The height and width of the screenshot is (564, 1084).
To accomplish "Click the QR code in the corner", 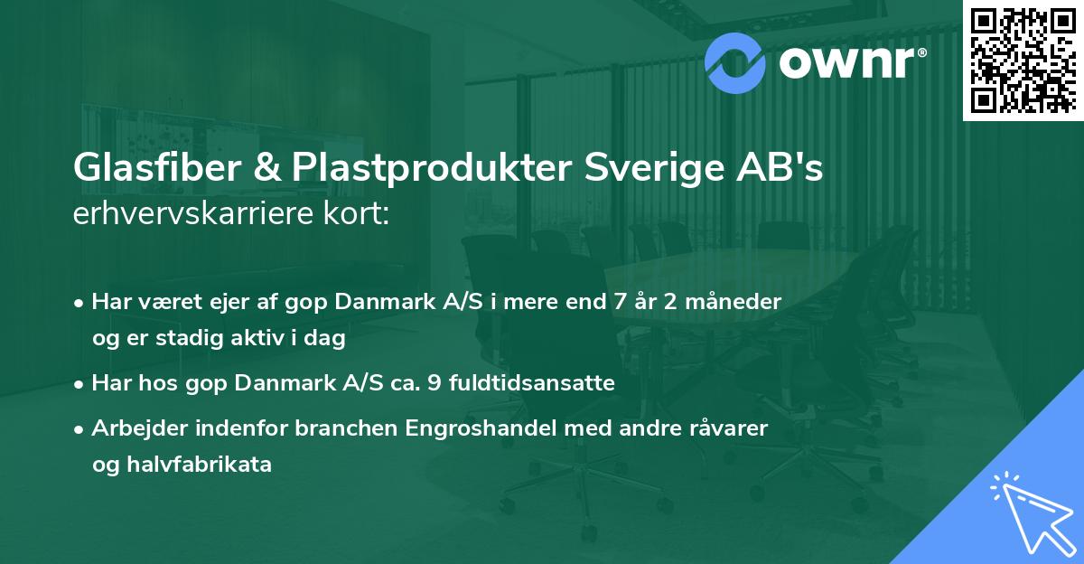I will [x=1023, y=60].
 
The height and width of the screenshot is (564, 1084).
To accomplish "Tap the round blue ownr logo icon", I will [x=734, y=61].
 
